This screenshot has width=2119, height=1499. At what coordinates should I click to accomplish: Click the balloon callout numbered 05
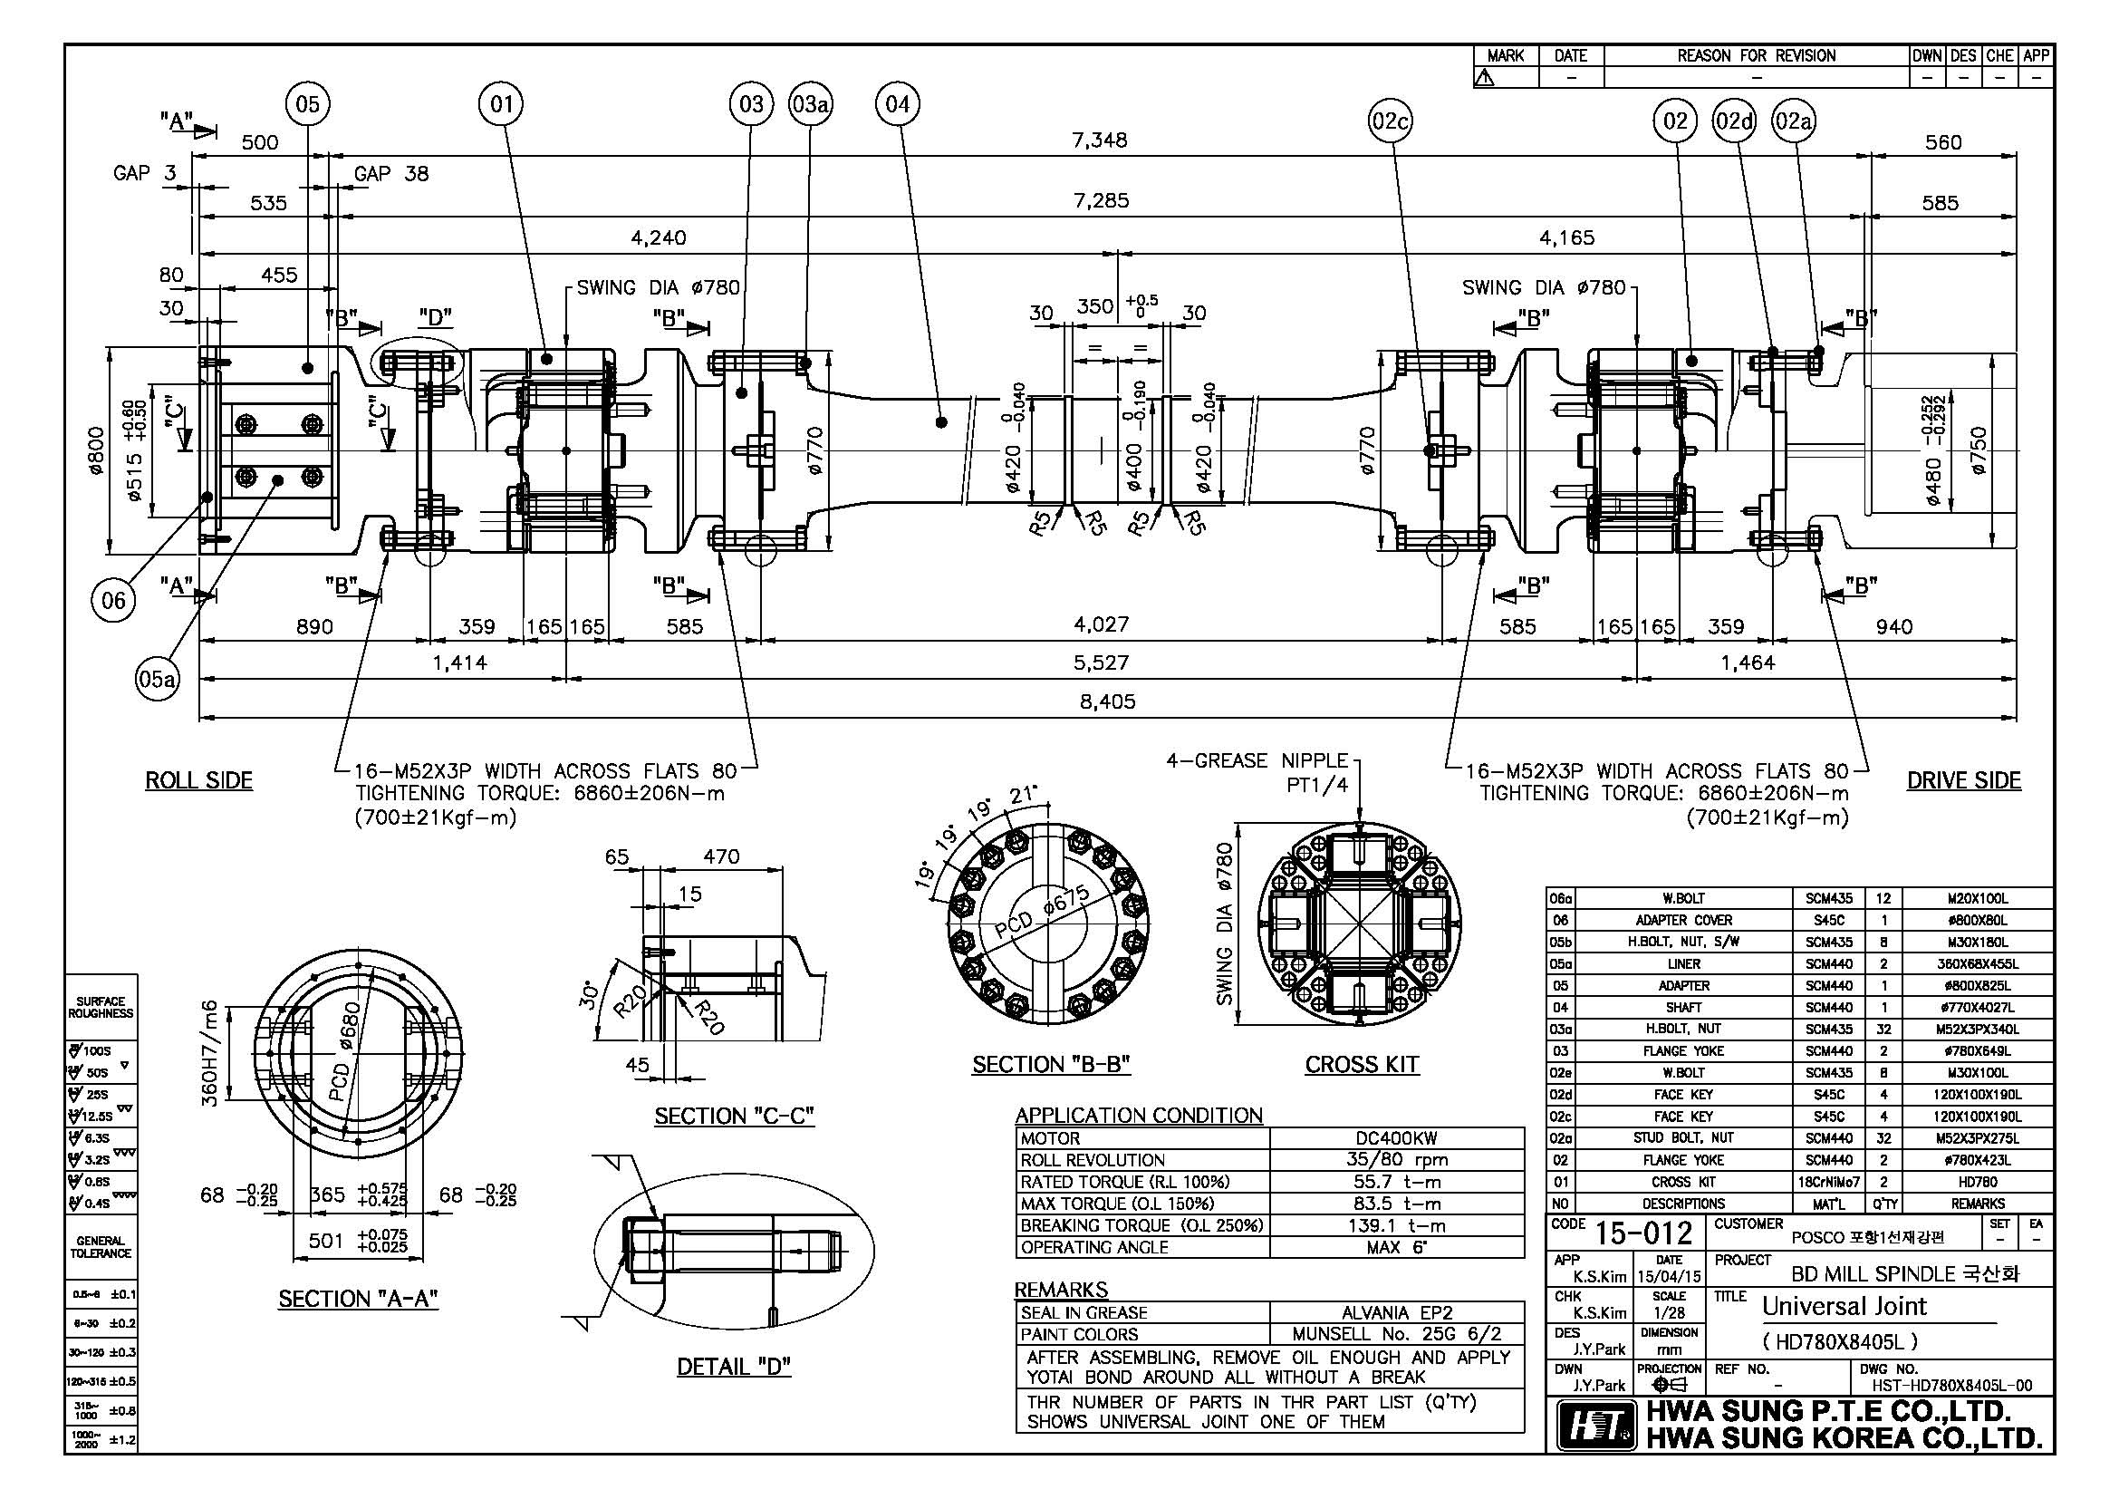(308, 104)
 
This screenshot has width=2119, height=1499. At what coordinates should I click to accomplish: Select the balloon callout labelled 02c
(1390, 121)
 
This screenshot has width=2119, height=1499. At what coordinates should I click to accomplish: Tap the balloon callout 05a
(157, 680)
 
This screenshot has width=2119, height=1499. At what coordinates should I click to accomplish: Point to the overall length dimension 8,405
(1107, 701)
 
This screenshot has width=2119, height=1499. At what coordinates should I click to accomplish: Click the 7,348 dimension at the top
(1099, 140)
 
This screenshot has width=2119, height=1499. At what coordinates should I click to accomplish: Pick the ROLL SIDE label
(199, 780)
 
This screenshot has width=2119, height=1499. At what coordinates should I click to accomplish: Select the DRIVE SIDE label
(1963, 780)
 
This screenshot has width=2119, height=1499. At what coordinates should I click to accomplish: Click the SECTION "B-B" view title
(1051, 1064)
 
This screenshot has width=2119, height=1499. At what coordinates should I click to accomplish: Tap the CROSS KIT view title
(1362, 1064)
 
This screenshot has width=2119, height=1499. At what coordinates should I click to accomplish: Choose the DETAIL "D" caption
(734, 1367)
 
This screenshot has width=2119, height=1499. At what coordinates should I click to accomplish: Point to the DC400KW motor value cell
(1396, 1138)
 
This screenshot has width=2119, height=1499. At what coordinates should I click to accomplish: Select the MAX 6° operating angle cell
(1396, 1247)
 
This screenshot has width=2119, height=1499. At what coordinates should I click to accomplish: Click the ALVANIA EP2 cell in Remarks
(1396, 1312)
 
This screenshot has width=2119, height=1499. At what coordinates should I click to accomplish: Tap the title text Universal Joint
(1844, 1306)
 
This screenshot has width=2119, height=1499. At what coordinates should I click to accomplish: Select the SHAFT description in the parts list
(1683, 1007)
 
